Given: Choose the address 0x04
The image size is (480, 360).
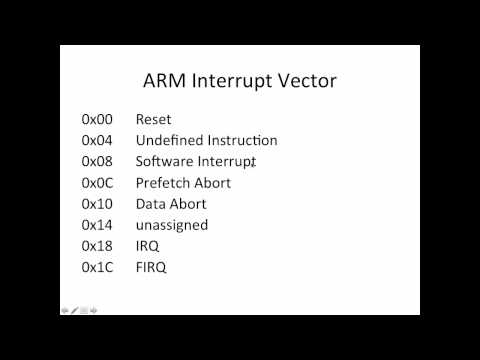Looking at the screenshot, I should coord(97,141).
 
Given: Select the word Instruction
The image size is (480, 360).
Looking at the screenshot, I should coord(241,141).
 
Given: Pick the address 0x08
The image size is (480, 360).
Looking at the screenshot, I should coord(97,162).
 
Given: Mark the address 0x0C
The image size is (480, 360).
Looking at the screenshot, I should coord(97,183).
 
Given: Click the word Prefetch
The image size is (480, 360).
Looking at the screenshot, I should coord(163,183).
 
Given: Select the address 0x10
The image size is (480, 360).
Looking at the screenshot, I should coord(97,204).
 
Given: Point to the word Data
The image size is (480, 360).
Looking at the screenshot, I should coord(150,204).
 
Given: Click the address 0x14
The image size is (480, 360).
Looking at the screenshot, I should coord(97,225).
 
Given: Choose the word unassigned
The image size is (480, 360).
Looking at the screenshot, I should coord(172,225).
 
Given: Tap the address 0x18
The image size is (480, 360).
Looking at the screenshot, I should coord(97,246).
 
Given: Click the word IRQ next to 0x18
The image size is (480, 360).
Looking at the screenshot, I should coord(147,246).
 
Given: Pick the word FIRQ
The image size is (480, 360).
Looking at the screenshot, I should coord(151,267).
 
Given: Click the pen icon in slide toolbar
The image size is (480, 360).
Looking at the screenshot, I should coord(74,310).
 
